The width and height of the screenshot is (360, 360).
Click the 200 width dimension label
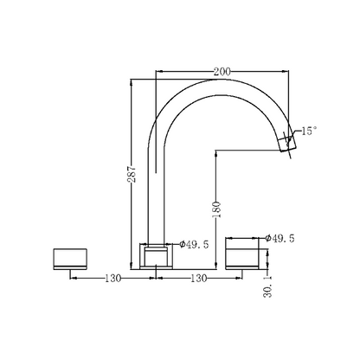pos(222,72)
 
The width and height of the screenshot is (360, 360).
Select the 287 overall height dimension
pos(132,174)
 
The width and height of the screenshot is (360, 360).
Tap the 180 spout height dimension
pos(216,209)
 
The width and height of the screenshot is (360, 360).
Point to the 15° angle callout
pos(309,131)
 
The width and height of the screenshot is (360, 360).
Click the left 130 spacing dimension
pos(112,279)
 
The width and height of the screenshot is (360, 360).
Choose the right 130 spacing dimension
pos(199,279)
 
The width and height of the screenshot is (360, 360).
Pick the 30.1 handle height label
pos(267,286)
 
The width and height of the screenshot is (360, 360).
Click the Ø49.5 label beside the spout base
pos(194,245)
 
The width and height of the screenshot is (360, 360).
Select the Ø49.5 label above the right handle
pos(280,238)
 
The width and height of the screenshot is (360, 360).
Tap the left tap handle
pos(70,259)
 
